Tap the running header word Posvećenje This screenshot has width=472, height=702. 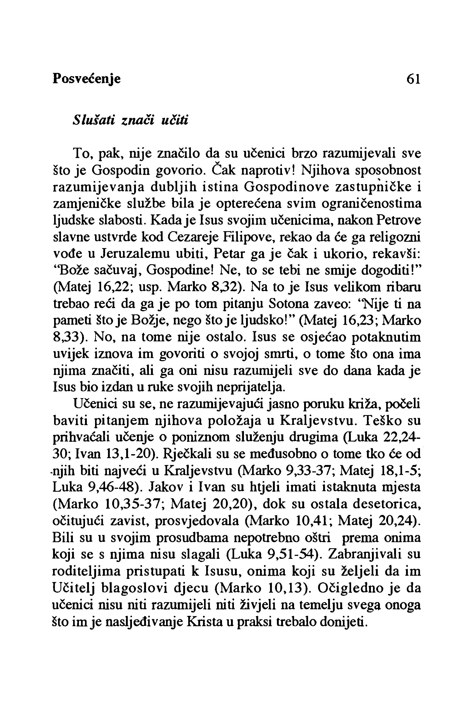(x=87, y=79)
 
